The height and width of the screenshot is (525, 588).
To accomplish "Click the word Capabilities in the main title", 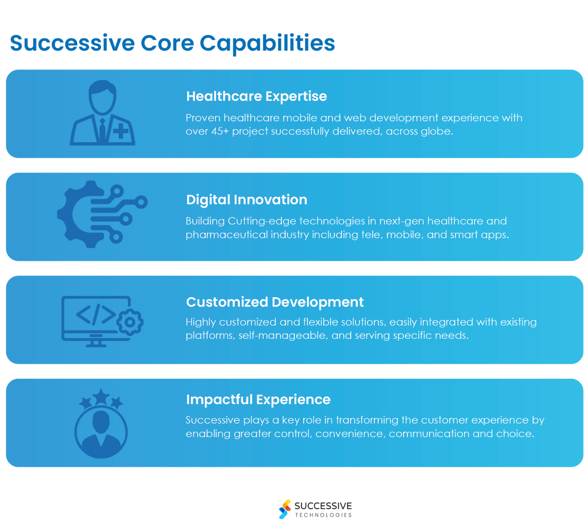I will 267,43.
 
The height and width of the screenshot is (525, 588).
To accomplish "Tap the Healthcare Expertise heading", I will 256,96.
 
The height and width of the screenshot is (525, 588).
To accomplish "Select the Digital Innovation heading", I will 247,199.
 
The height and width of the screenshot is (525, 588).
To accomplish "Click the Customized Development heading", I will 275,302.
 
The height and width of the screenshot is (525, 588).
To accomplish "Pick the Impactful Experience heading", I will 258,399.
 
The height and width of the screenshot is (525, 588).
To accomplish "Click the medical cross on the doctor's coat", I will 121,131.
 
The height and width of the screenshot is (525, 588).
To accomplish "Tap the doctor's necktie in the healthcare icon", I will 102,130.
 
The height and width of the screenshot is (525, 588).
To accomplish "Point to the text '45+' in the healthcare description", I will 220,131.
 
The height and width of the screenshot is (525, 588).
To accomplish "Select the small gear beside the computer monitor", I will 130,322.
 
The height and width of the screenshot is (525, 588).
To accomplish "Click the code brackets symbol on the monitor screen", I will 96,314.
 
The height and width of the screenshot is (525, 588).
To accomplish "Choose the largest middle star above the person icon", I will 101,397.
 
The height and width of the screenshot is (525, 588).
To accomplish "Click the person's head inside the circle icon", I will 101,422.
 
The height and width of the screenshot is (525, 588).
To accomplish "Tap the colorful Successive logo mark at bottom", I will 285,509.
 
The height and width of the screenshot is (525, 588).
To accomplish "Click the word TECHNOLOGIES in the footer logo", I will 323,515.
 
